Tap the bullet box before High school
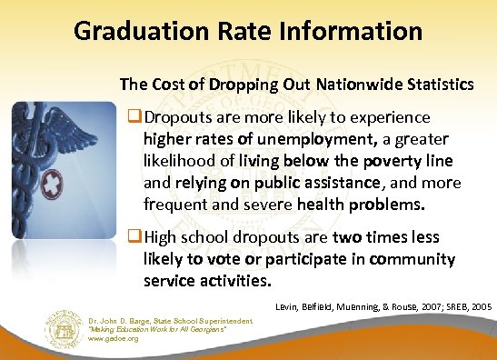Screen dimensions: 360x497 click(136, 237)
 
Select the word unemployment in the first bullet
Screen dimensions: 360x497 click(314, 140)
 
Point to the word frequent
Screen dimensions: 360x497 click(176, 205)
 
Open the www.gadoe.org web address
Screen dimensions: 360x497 click(88, 338)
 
